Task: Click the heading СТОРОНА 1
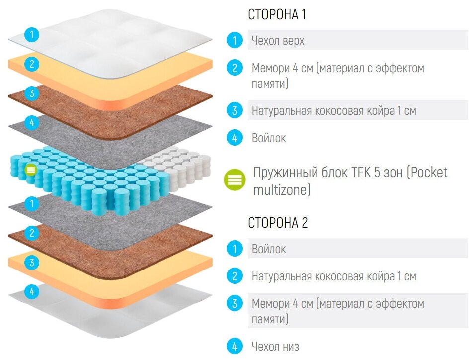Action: (x=277, y=15)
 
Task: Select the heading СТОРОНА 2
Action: (x=278, y=223)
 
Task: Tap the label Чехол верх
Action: (x=278, y=40)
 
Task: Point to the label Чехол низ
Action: (x=275, y=346)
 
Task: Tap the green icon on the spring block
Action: (x=31, y=170)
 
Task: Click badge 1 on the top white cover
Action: (x=32, y=35)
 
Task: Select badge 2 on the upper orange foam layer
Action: (x=32, y=64)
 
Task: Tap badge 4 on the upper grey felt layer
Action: (x=32, y=122)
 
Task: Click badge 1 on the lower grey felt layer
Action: (x=32, y=203)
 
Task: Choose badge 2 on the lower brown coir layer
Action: (x=32, y=233)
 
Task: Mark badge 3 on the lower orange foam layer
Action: (x=32, y=263)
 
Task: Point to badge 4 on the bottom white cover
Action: (x=32, y=292)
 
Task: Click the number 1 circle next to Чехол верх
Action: (x=234, y=40)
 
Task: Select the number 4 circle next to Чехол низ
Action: (x=234, y=346)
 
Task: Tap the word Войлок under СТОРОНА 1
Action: (x=269, y=138)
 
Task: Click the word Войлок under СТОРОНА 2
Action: (x=269, y=248)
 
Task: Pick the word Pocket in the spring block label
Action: (x=428, y=172)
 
